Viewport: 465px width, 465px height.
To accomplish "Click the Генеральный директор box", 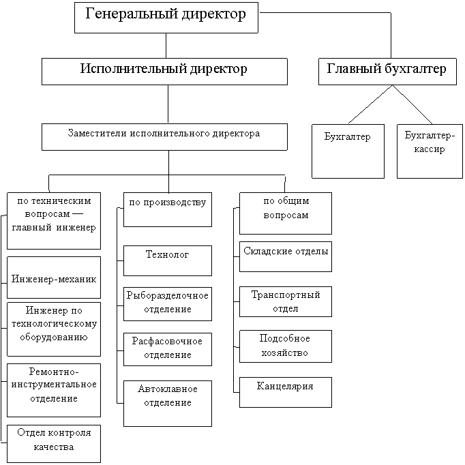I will point(166,17).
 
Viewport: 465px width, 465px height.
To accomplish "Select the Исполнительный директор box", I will point(164,71).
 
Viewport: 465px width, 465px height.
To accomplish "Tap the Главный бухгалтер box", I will point(387,71).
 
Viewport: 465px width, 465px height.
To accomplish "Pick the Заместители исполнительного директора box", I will point(164,136).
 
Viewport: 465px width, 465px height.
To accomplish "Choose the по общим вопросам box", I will point(286,212).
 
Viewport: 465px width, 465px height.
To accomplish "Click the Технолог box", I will point(167,260).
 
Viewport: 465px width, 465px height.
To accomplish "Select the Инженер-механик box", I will point(54,277).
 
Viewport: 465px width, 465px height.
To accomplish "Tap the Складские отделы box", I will point(286,255).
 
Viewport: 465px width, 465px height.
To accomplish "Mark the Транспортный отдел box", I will point(286,301).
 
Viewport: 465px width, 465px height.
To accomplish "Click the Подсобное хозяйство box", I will point(286,346).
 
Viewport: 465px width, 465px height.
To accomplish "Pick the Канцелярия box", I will point(286,391).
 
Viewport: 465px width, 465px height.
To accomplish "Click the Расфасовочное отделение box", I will point(167,348).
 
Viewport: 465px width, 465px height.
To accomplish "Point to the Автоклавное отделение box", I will point(167,402).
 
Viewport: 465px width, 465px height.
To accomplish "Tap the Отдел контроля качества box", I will point(54,442).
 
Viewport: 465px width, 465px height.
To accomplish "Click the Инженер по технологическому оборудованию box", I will point(54,329).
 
